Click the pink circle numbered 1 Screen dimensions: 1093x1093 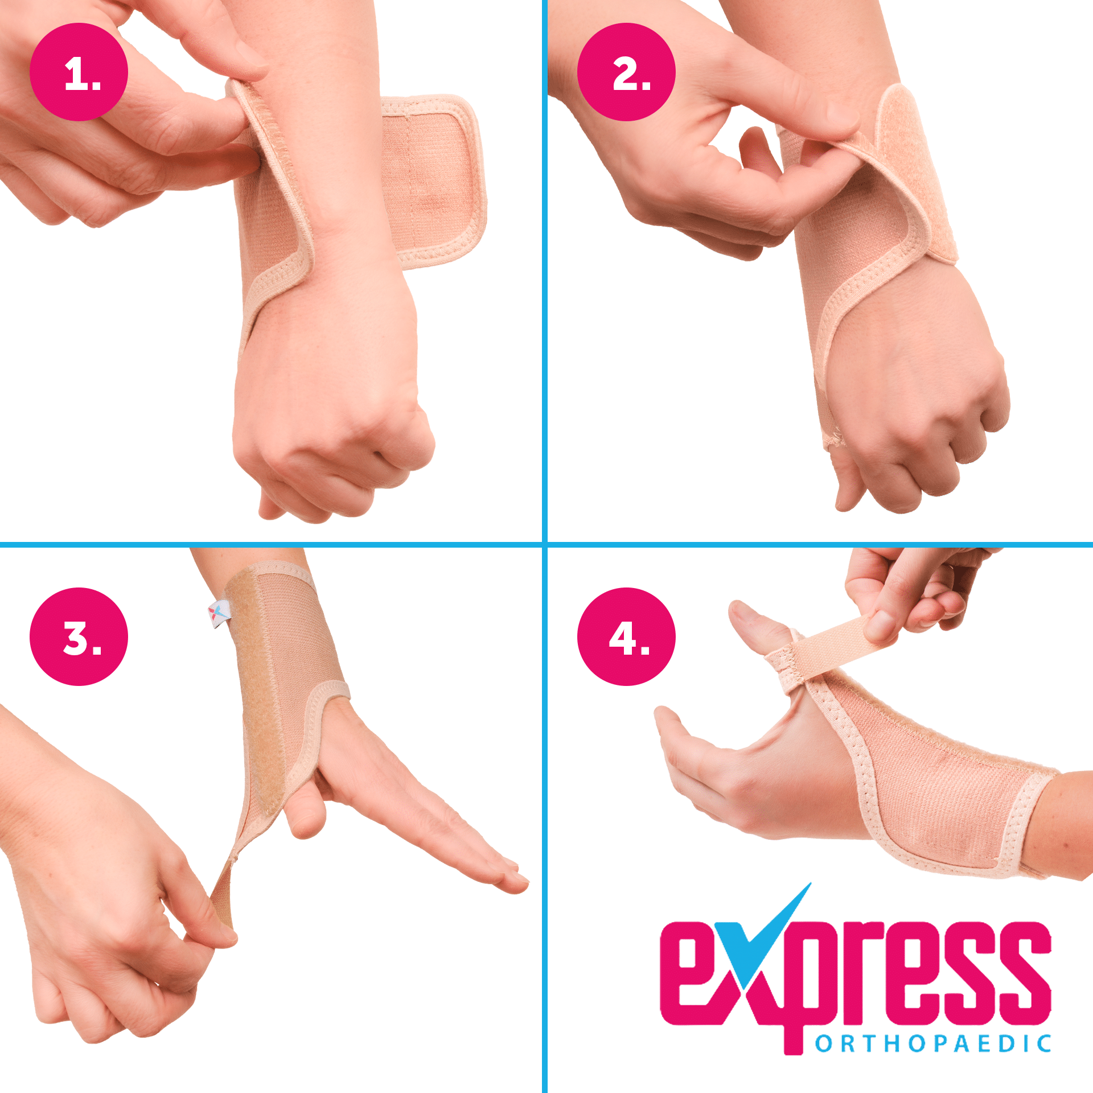[79, 72]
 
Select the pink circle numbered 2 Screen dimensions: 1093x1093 [626, 72]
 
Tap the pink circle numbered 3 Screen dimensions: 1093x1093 [79, 636]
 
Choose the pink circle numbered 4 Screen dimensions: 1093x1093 [626, 636]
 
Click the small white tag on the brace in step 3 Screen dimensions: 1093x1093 [219, 613]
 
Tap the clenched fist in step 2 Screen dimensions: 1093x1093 [922, 416]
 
